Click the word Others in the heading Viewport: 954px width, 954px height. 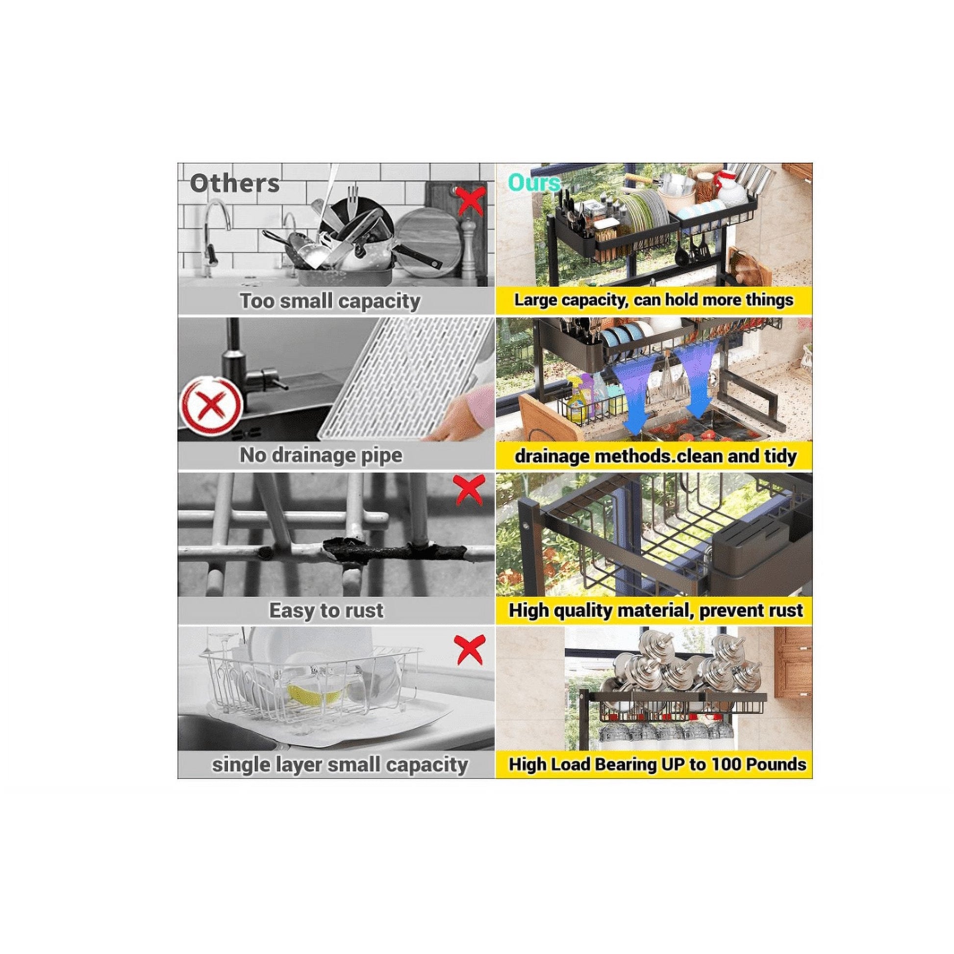coord(234,184)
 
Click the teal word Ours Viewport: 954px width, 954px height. coord(534,183)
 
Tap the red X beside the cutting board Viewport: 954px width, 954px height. coord(470,200)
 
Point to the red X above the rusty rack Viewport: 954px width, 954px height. coord(469,490)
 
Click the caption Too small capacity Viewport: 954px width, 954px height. coord(330,301)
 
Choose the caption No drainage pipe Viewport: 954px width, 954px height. coord(321,455)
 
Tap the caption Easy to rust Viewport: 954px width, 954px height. coord(326,610)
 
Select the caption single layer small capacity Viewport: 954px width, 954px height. coord(340,765)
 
